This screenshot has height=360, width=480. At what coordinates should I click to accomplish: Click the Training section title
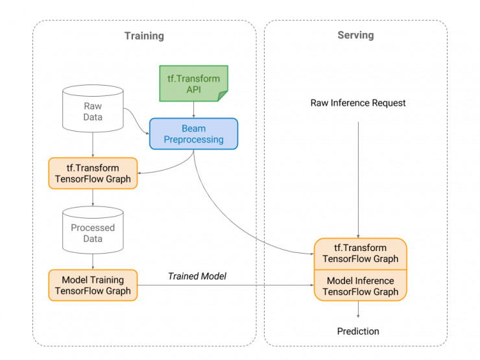click(x=144, y=36)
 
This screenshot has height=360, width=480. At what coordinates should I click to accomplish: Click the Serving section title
click(x=355, y=35)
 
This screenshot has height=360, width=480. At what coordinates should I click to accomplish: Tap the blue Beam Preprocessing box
click(x=194, y=134)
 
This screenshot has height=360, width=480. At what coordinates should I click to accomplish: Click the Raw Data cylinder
click(x=93, y=111)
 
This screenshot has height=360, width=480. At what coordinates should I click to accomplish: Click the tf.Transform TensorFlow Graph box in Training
click(x=93, y=173)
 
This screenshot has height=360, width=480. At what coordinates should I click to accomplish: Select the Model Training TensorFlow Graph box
click(x=93, y=285)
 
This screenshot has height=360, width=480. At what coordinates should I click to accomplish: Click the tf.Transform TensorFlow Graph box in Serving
click(x=360, y=253)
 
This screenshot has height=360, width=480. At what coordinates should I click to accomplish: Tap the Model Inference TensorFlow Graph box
click(x=360, y=286)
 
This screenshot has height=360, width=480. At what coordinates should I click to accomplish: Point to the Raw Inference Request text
click(x=358, y=103)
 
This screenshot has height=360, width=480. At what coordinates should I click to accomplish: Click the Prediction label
click(x=358, y=331)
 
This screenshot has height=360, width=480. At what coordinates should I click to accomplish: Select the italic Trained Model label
click(x=197, y=276)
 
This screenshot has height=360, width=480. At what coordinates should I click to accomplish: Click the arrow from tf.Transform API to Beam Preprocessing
click(x=194, y=110)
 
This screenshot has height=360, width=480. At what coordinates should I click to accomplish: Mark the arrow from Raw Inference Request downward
click(x=358, y=175)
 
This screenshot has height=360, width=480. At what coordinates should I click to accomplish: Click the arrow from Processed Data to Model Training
click(x=93, y=261)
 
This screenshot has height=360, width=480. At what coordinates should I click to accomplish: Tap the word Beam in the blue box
click(x=194, y=128)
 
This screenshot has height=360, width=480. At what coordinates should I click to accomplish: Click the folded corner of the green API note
click(x=223, y=97)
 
